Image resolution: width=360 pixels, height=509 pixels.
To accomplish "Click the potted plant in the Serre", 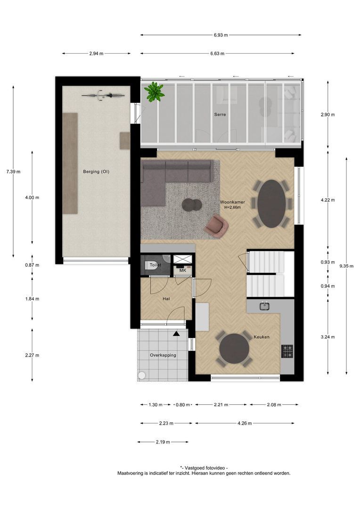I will coord(154,91).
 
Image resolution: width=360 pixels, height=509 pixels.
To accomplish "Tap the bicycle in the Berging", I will coord(104,95).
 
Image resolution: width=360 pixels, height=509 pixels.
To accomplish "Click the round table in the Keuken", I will coord(234,349).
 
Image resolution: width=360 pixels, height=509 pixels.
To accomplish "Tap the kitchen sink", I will coord(265,306).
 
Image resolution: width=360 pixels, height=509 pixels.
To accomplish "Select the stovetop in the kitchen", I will coord(287,351).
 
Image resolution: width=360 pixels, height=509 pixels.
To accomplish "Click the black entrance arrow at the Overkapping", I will coord(176,334).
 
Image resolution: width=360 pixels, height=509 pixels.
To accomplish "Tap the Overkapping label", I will coord(163,355).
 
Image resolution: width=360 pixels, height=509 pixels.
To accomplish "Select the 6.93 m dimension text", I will coord(220,35).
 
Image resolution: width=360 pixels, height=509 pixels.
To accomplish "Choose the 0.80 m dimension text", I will coord(184,404).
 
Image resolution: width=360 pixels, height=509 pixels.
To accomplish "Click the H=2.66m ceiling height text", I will coord(232,207).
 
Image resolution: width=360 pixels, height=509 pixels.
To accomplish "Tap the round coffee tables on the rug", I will coord(192,204).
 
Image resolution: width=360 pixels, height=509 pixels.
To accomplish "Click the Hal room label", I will coord(166,299).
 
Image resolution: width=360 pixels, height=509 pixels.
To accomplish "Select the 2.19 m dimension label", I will coord(163,442).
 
